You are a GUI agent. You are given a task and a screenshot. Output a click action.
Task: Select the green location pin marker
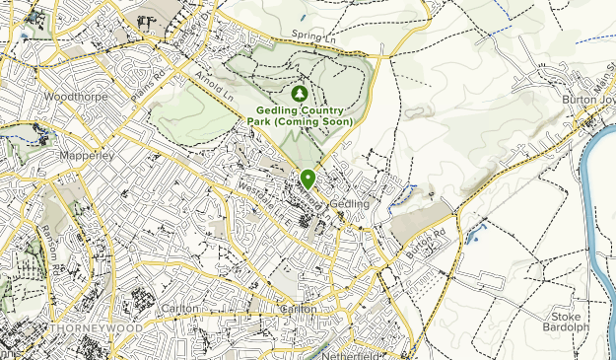click(x=308, y=179)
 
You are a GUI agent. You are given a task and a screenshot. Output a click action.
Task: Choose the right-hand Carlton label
click(x=299, y=309)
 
